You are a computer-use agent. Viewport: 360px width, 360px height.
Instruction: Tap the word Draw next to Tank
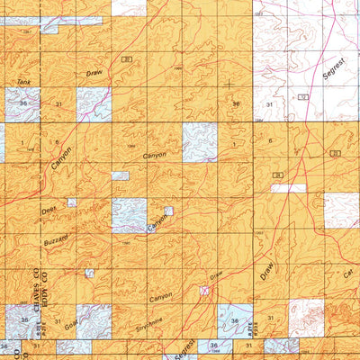[95, 72]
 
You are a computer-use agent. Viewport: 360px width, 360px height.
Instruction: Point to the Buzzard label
[56, 245]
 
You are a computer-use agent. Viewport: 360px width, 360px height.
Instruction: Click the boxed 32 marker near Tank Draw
[127, 59]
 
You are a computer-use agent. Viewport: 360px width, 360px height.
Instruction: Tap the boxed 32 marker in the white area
[303, 96]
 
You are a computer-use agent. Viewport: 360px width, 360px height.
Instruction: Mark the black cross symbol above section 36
[229, 85]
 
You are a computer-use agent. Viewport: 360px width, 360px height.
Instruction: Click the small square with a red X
[206, 291]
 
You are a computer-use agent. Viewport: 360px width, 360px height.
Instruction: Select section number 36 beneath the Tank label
[22, 103]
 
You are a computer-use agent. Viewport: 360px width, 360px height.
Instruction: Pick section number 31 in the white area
[269, 104]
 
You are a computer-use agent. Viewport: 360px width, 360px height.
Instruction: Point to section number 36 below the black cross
[236, 104]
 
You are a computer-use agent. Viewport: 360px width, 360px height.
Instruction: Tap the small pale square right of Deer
[72, 203]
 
